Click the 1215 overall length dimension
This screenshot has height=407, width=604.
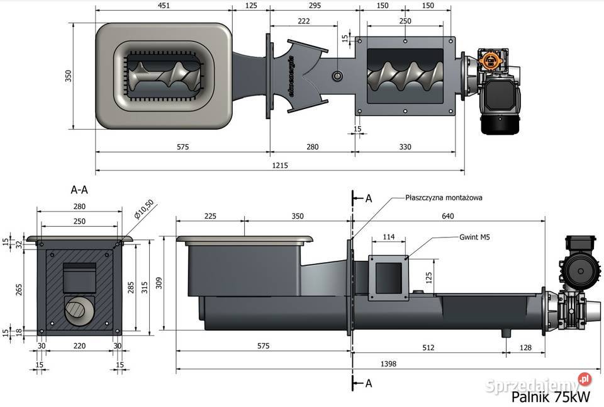[281, 166]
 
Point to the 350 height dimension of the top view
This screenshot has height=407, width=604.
[69, 76]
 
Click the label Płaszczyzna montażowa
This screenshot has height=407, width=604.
[444, 197]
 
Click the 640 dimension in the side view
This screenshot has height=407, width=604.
[447, 216]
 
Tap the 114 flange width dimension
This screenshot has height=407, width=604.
[389, 237]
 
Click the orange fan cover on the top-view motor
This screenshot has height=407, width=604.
[490, 60]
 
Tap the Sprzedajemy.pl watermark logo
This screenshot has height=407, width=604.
[543, 381]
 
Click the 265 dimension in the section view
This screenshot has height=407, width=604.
[20, 288]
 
